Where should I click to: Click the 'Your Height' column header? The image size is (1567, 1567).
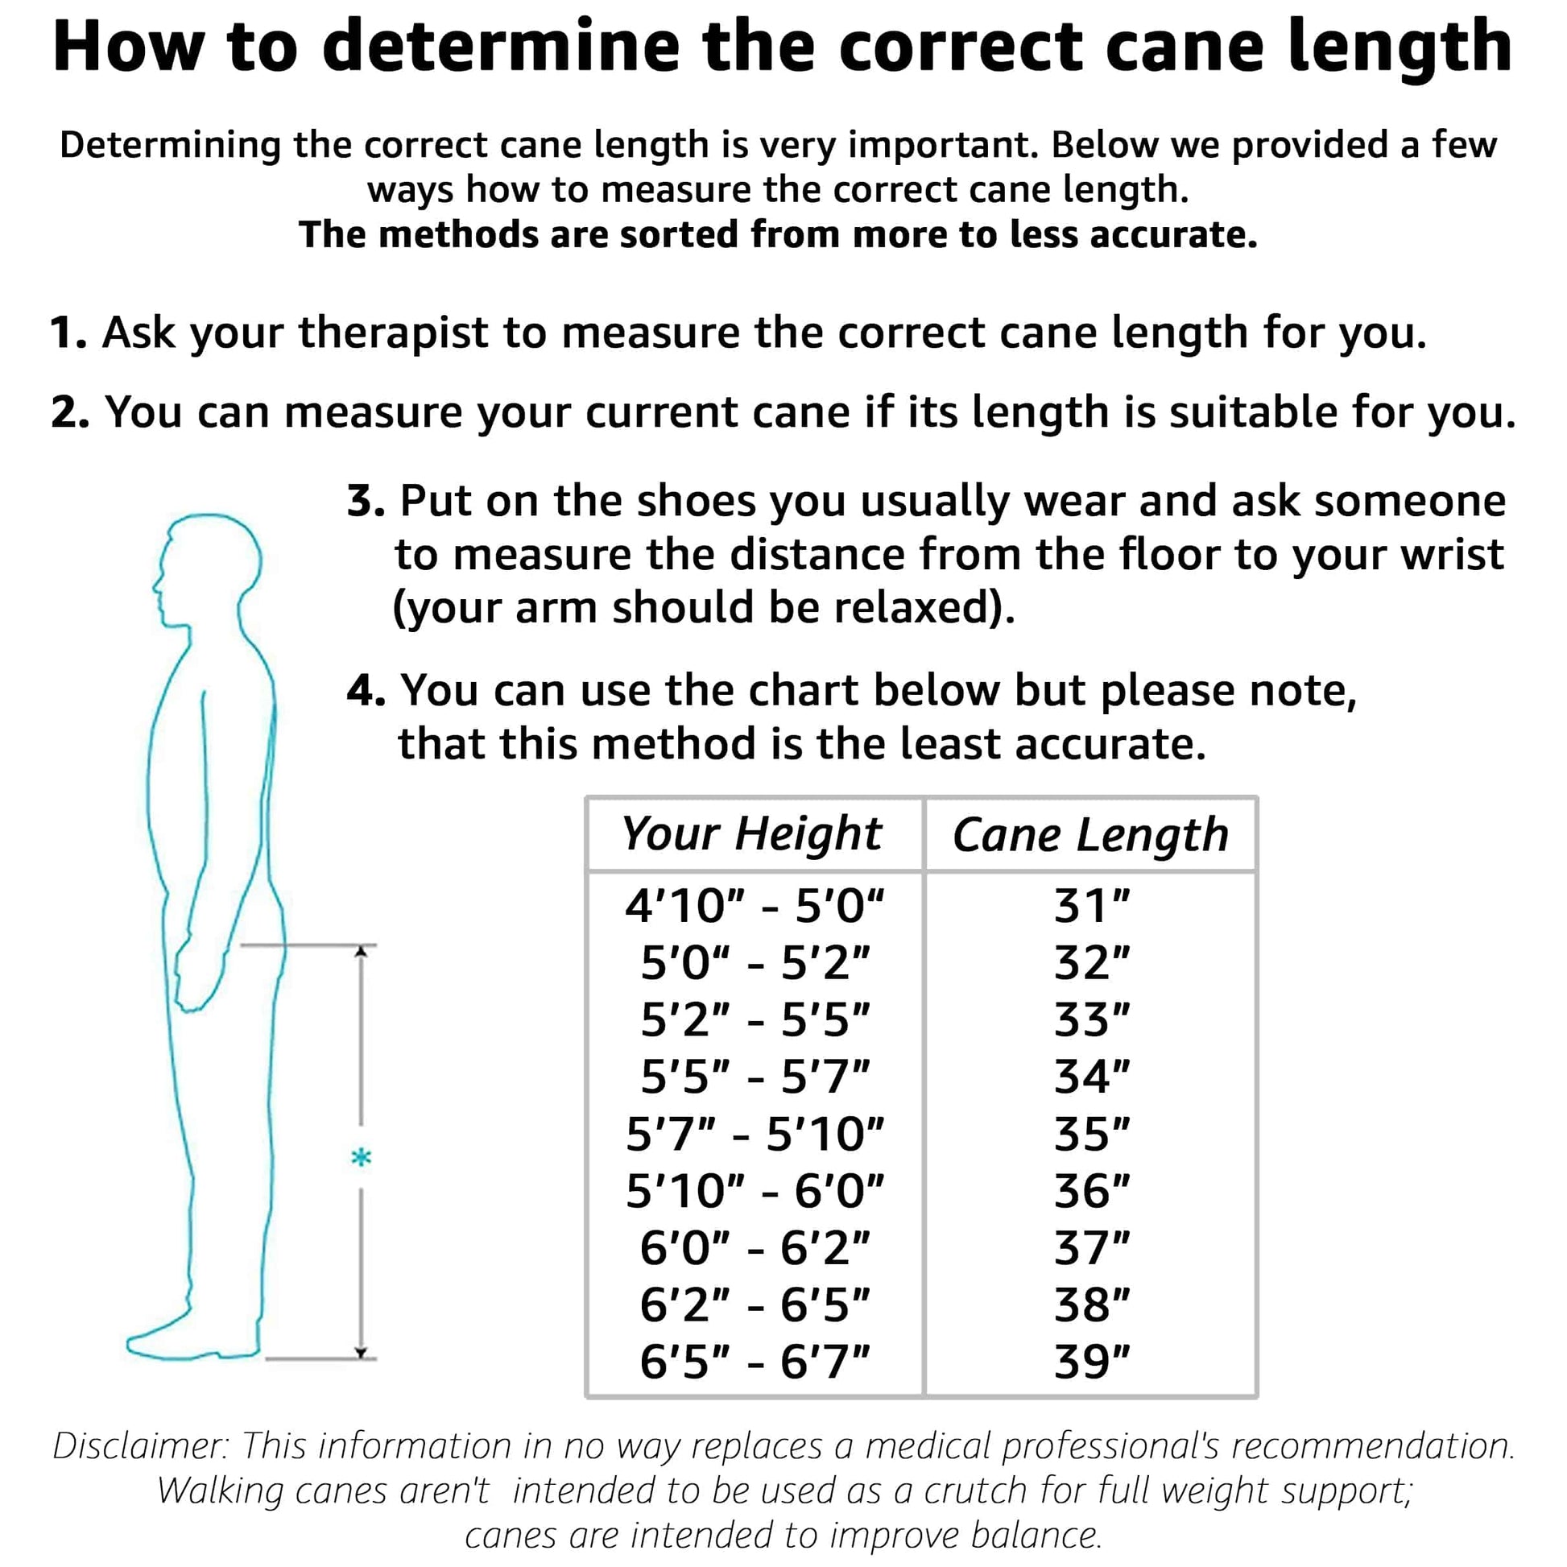coord(751,833)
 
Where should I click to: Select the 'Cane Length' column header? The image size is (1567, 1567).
coord(1090,835)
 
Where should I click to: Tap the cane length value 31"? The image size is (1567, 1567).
coord(1092,906)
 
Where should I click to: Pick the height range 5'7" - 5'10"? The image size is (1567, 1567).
coord(755,1134)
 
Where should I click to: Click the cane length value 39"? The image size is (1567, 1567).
coord(1092,1362)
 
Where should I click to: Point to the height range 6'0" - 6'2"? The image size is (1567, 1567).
coord(755,1248)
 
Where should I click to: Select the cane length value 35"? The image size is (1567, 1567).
coord(1092,1134)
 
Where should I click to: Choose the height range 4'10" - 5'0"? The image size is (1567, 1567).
coord(755,906)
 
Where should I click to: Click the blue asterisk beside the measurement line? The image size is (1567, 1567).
coord(361,1158)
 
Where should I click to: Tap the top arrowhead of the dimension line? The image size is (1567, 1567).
coord(361,953)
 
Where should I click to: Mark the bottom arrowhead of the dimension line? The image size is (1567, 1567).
coord(361,1351)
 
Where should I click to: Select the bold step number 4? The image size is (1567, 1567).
coord(364,691)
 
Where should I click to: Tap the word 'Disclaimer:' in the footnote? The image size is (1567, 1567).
coord(139,1445)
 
